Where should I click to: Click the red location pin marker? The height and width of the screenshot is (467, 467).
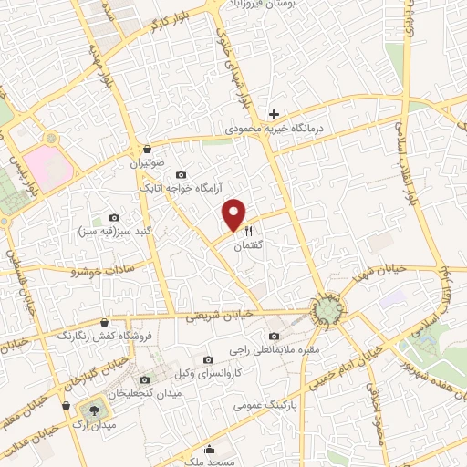coord(234,214)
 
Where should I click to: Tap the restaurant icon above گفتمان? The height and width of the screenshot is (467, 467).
coord(248,232)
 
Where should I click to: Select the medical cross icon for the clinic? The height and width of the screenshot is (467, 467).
coord(274,115)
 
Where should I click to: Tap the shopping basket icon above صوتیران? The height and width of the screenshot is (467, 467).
coord(147,149)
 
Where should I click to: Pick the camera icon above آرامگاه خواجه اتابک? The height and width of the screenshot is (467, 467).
coord(182,174)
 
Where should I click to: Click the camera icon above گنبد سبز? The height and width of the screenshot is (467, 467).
coord(114,218)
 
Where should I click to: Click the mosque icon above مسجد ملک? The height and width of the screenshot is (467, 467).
coord(211,448)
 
